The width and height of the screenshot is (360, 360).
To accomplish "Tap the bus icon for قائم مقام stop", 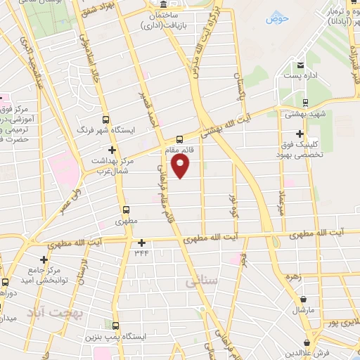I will pyautogui.click(x=179, y=139).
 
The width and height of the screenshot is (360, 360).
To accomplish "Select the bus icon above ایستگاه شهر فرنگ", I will pyautogui.click(x=106, y=119).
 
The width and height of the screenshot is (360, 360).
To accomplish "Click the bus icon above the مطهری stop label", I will pyautogui.click(x=127, y=210).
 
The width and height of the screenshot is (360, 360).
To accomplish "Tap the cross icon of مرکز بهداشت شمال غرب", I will pyautogui.click(x=112, y=150).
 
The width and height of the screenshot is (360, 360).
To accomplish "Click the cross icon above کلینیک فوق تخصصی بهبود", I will pyautogui.click(x=300, y=134).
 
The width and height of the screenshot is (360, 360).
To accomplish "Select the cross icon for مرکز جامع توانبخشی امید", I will pyautogui.click(x=44, y=260).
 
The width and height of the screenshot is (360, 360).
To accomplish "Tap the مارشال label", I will pyautogui.click(x=308, y=310).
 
